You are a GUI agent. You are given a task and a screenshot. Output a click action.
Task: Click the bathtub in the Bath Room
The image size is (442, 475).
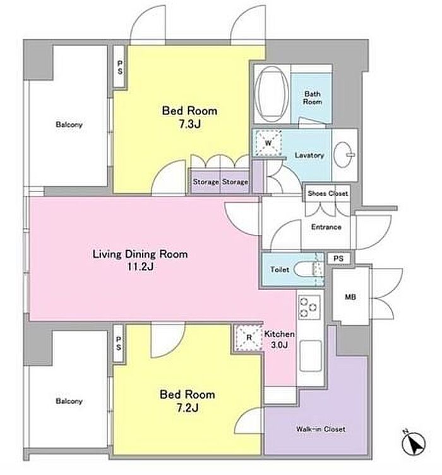(272, 94)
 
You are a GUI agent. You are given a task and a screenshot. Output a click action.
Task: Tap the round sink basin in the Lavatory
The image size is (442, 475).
(344, 155)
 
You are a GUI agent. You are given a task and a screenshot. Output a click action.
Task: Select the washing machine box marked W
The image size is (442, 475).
(268, 143)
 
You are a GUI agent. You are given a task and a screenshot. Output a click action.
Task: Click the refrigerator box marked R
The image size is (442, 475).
(249, 338)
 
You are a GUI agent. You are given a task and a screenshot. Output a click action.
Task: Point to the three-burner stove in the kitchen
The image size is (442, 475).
(309, 307)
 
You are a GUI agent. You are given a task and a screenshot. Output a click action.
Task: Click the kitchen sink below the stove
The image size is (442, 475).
(310, 356)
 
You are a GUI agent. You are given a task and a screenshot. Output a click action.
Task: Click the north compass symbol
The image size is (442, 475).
(414, 443)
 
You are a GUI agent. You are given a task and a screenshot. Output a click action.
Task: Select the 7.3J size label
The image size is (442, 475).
(190, 124)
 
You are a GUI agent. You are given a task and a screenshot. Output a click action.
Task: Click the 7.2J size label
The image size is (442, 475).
(188, 408)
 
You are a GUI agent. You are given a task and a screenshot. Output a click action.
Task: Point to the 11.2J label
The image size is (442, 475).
(140, 267)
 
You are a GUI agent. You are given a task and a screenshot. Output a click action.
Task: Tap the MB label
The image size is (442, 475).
(350, 297)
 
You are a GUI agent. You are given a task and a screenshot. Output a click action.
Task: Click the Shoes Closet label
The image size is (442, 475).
(328, 193)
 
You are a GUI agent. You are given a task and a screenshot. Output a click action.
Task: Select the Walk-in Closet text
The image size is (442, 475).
(321, 429)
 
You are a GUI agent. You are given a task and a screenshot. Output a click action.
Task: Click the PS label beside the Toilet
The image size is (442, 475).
(338, 258)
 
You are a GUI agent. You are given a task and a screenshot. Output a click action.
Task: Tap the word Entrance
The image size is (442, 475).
(326, 227)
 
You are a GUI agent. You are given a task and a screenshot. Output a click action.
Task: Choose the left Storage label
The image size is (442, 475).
(206, 182)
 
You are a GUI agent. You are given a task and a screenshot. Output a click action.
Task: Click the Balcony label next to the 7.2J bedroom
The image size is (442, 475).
(69, 401)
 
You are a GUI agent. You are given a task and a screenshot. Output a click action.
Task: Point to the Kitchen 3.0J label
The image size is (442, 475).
(279, 339)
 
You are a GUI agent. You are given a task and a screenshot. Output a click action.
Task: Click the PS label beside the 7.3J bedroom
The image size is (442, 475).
(120, 67)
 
